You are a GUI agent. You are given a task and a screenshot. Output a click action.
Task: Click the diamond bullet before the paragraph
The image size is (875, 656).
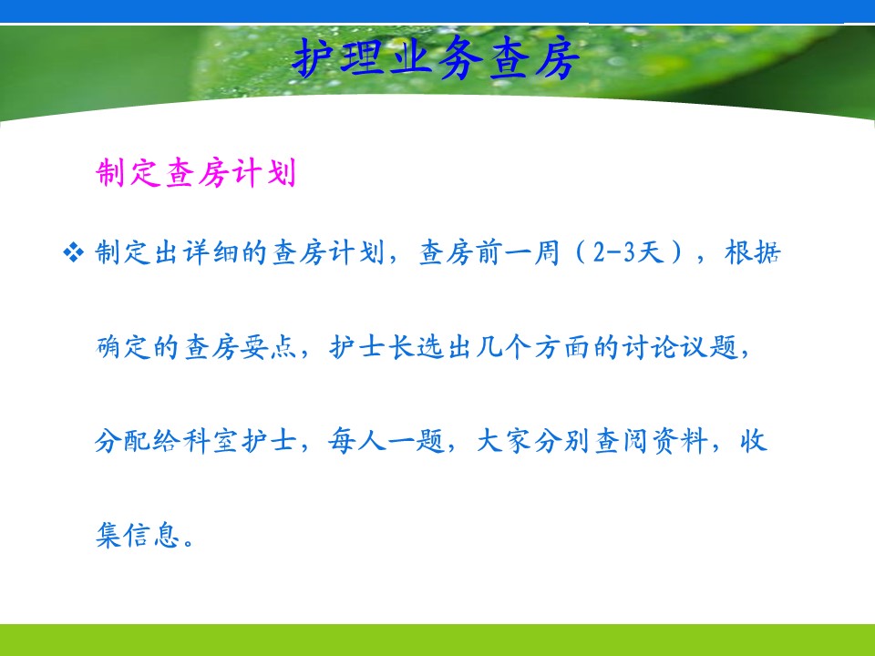click(x=73, y=252)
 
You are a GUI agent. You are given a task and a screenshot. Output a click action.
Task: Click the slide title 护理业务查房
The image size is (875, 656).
click(x=436, y=58)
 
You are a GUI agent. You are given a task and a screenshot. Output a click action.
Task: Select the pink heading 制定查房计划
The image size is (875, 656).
click(x=195, y=172)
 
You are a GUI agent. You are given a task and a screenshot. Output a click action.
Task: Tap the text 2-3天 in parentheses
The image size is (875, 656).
click(x=628, y=252)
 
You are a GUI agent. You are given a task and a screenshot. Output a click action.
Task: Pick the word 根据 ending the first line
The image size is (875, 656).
click(x=752, y=252)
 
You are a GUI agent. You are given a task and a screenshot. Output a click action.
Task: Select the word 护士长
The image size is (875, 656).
click(x=372, y=347)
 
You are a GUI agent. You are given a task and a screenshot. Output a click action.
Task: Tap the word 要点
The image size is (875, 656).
click(x=270, y=347)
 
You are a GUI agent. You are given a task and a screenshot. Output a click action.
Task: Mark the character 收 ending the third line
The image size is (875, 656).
click(x=754, y=441)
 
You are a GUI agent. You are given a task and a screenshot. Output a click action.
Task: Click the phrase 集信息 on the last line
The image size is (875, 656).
click(x=138, y=535)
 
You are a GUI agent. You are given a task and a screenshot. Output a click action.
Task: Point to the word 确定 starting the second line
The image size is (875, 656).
click(x=123, y=347)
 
